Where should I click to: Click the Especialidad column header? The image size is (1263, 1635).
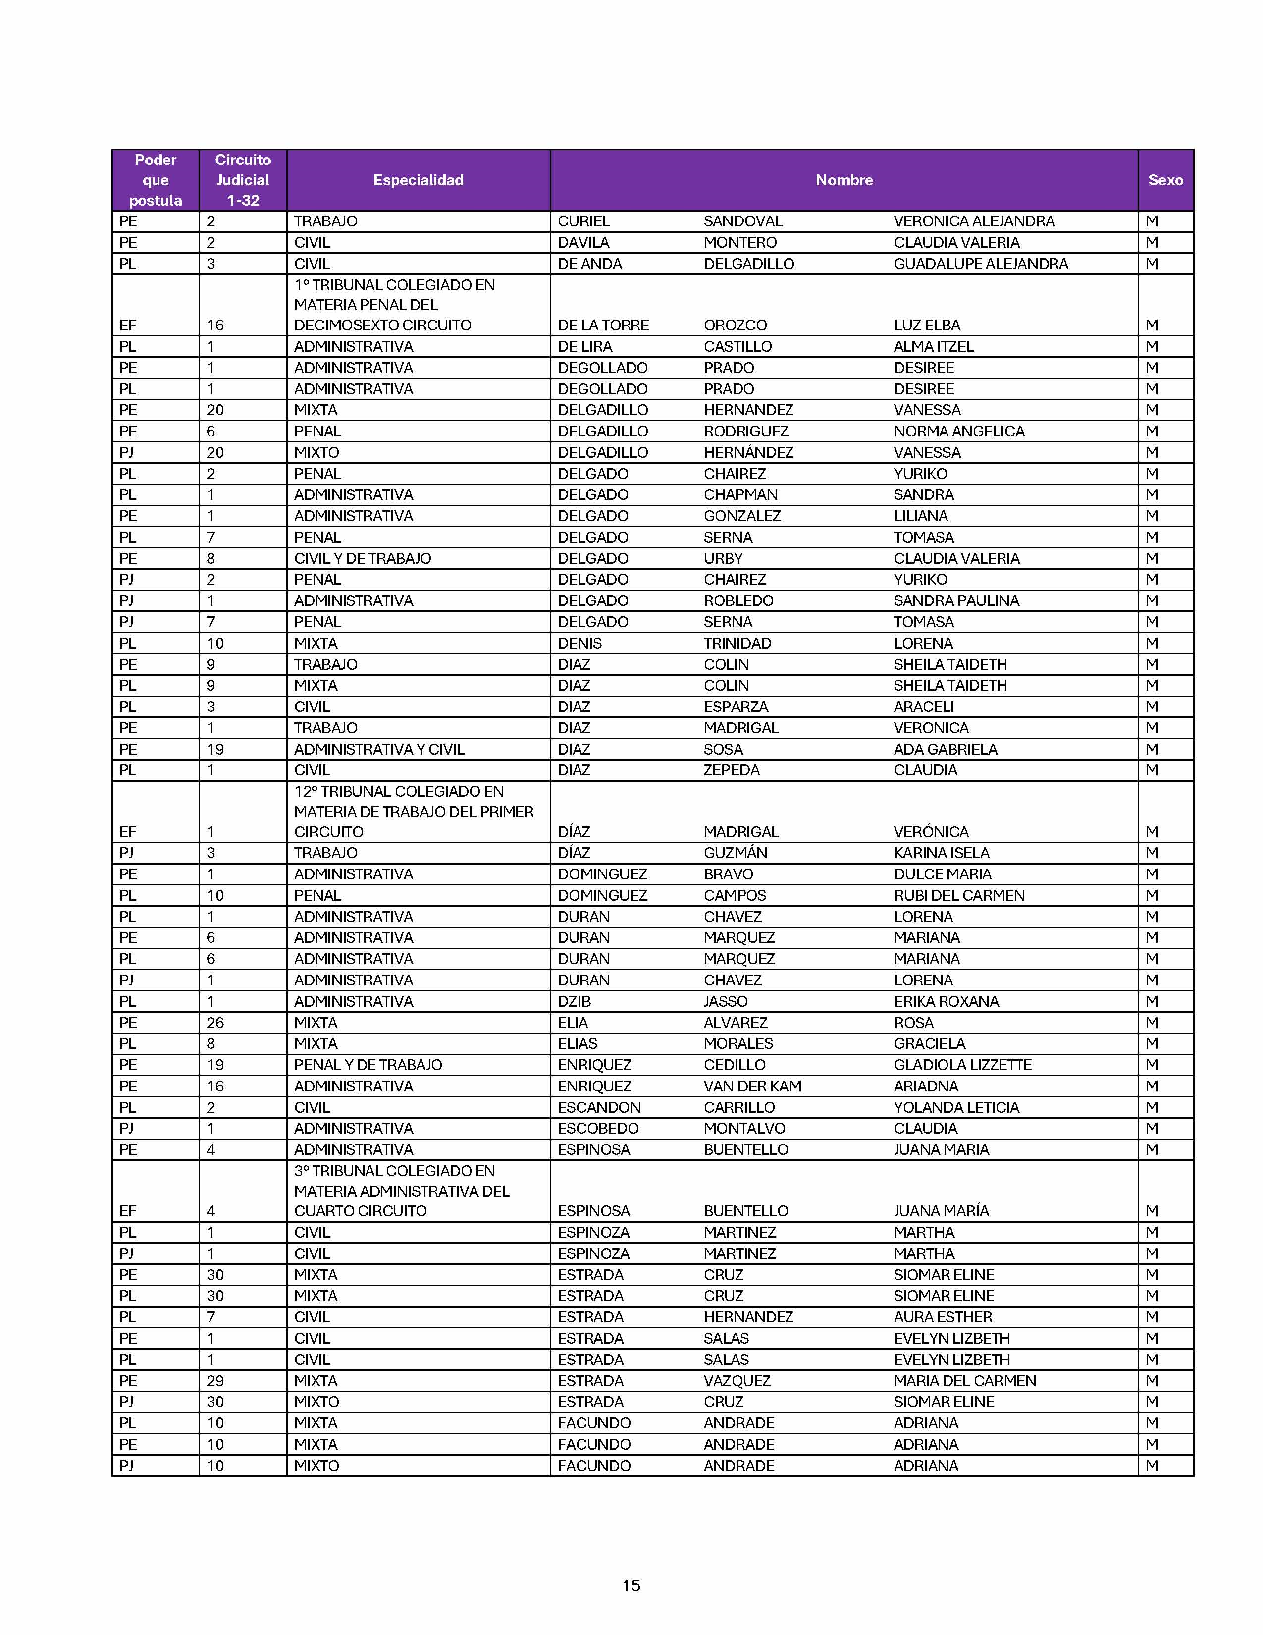418,180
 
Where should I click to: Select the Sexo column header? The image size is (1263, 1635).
1165,180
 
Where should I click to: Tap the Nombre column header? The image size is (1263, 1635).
843,180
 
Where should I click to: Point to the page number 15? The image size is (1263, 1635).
631,1585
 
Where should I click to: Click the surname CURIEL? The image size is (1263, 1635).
583,221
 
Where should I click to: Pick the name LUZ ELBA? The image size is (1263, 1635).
926,325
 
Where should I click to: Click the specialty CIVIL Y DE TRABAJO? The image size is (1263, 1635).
362,558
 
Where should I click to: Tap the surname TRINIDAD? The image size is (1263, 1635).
737,643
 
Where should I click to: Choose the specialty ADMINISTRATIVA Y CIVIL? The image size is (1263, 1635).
378,749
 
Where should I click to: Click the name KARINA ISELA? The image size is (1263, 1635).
941,853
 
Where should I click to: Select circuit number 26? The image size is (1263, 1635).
215,1023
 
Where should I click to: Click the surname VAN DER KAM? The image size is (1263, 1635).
752,1086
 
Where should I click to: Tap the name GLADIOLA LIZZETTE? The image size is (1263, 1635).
962,1065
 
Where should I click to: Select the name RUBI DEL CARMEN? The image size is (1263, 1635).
958,895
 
